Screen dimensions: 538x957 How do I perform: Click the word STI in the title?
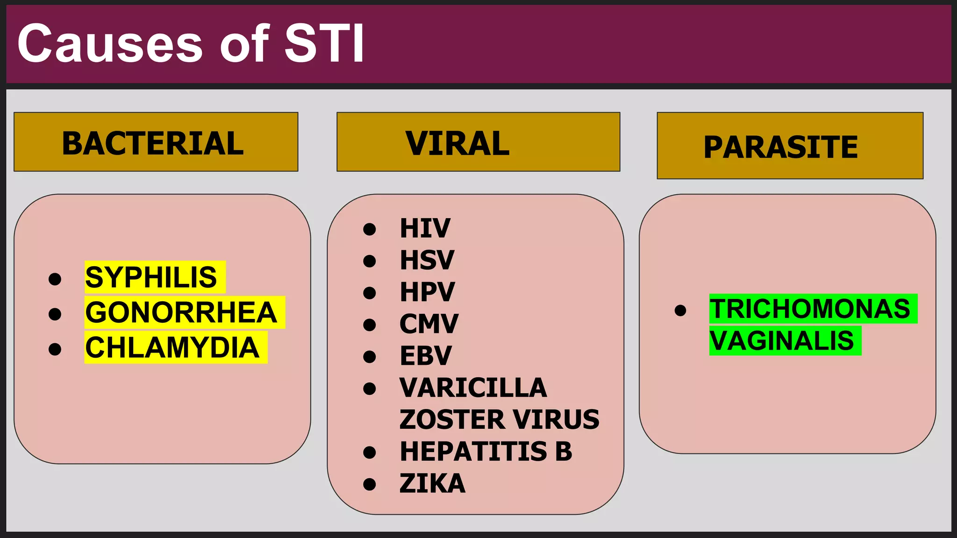pos(324,43)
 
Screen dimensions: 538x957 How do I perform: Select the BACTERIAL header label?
pos(153,143)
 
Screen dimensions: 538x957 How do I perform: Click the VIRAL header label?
pos(457,143)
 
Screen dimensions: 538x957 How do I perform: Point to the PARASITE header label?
pos(780,147)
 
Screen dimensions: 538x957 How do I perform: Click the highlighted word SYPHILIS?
pos(151,277)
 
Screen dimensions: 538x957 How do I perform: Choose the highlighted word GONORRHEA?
pos(181,312)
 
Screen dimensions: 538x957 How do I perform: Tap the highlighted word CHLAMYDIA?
pos(172,347)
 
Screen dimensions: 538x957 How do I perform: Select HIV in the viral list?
pos(425,228)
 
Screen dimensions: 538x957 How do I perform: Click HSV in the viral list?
pos(427,260)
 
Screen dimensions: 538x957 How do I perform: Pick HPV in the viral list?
pos(427,292)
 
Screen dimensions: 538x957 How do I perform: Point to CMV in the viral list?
pos(429,324)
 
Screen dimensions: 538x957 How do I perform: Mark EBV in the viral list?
pos(426,355)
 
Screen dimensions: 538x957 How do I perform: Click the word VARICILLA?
pos(473,388)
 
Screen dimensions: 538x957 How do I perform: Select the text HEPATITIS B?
pos(486,452)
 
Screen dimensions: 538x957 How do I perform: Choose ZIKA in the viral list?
pos(432,483)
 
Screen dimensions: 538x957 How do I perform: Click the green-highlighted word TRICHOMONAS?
pos(810,309)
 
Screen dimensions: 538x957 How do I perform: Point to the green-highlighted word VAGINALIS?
pos(782,340)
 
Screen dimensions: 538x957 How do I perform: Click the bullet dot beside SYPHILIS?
pos(55,279)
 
